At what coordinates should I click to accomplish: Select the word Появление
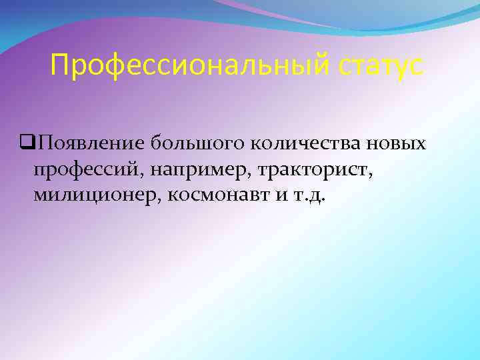(91, 143)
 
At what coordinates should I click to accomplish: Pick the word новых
(399, 143)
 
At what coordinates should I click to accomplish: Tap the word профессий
(87, 170)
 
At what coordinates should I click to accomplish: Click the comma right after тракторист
(371, 175)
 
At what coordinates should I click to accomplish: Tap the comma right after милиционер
(160, 201)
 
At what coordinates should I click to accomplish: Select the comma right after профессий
(141, 175)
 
